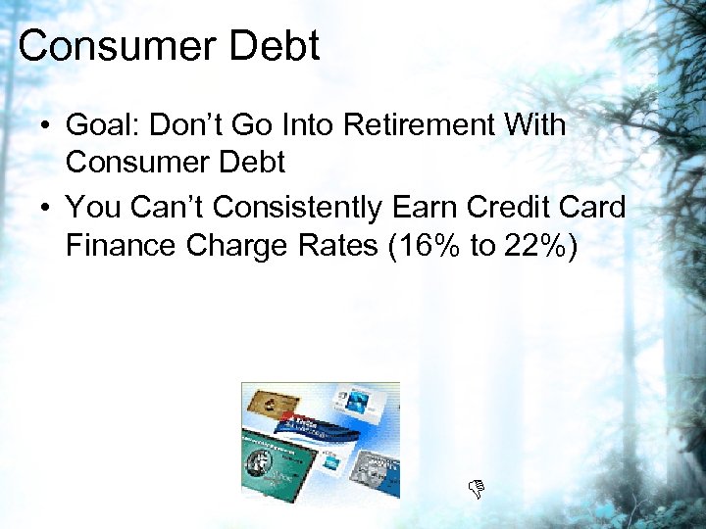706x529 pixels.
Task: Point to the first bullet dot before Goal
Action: (45, 127)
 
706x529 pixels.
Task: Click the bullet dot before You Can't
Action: (45, 208)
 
